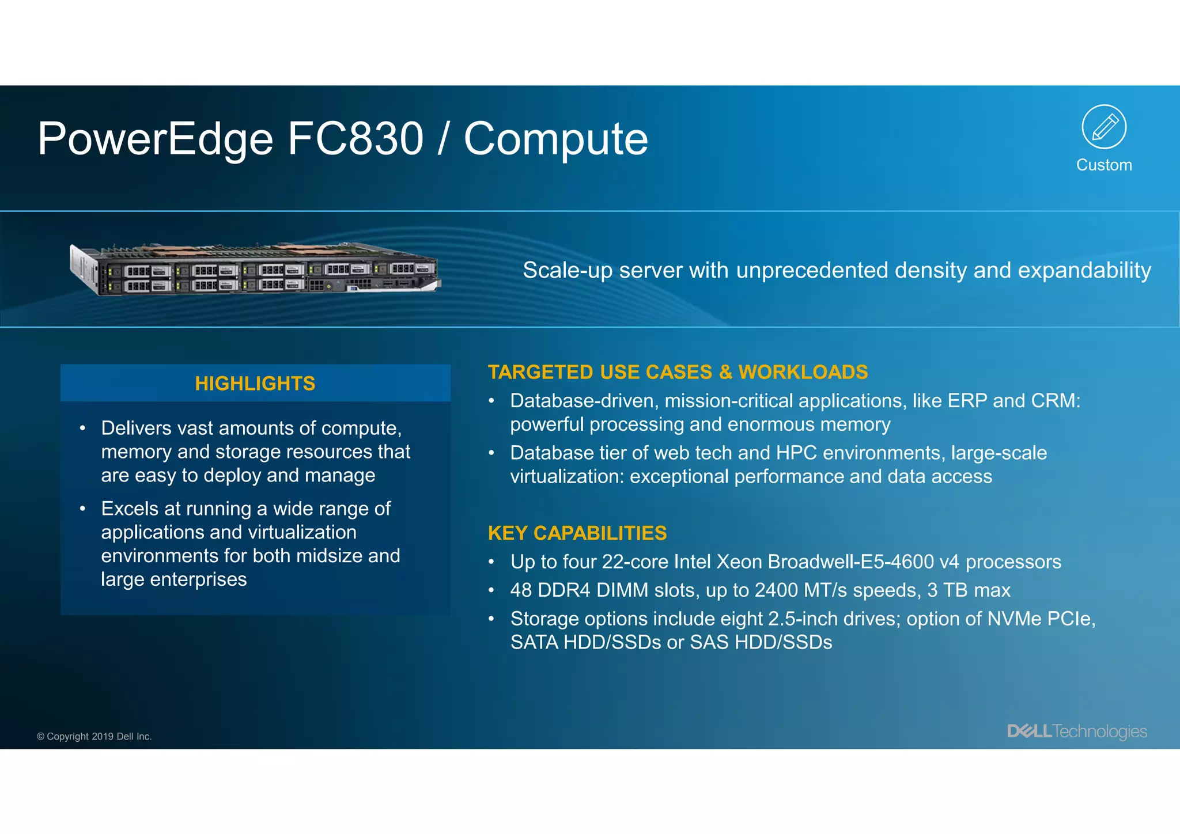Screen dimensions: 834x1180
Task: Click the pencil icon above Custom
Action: (1104, 127)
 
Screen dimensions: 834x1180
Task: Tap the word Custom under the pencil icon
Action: (1104, 165)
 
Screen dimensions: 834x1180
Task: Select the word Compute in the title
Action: (556, 140)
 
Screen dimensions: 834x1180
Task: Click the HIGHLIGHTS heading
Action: (255, 384)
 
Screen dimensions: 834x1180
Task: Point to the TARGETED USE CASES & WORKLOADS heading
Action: (678, 373)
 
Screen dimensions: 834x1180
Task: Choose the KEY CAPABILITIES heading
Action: (577, 533)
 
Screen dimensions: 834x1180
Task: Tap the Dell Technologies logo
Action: (1077, 731)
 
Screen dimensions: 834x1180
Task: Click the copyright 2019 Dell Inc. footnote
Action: (94, 737)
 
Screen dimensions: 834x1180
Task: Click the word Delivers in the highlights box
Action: (137, 429)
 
